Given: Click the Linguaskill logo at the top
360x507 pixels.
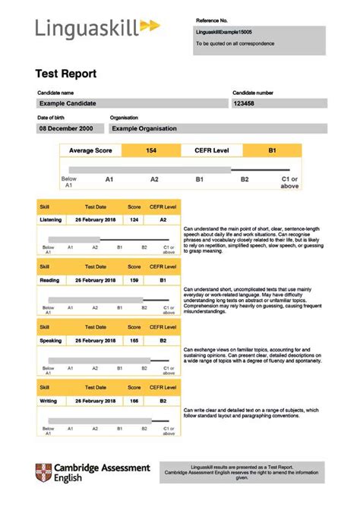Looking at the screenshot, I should pos(97,28).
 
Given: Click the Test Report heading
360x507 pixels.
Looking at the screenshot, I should pos(67,74).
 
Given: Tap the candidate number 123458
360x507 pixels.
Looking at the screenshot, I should pos(245,103).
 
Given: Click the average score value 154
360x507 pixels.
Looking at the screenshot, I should pos(151,151).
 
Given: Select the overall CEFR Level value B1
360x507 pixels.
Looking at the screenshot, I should pos(271,151).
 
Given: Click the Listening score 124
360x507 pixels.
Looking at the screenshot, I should pos(134,220).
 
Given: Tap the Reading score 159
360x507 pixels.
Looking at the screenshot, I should pos(134,281).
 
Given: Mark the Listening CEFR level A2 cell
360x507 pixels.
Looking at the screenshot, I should pos(163,220).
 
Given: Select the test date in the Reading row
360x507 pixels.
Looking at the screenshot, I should pos(95,281).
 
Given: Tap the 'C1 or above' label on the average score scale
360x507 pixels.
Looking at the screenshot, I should pos(289,182).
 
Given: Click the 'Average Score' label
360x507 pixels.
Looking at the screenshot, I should pos(90,151).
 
